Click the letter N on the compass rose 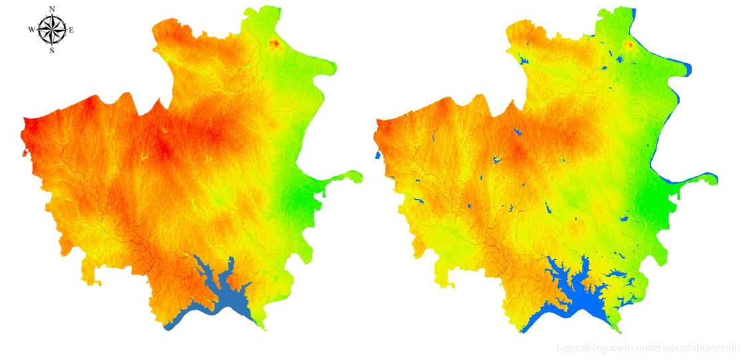pos(52,9)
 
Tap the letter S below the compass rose pos(52,50)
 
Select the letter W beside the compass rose pos(31,29)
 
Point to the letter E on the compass pos(72,29)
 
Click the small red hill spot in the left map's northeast pos(274,45)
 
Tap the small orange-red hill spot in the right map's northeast pos(628,45)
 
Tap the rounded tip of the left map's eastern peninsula pos(359,176)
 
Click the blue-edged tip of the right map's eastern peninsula pos(715,178)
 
